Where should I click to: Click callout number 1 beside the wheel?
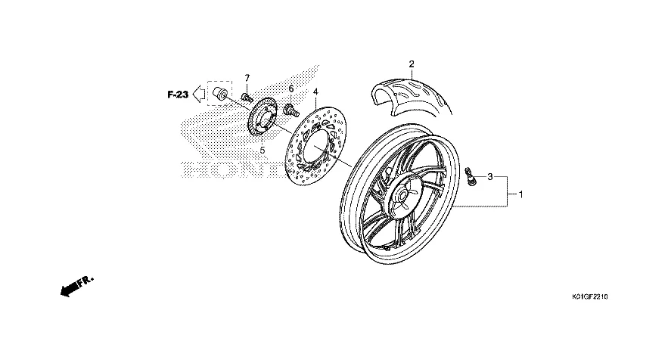520,194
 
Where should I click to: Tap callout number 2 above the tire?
412,64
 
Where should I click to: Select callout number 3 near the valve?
490,177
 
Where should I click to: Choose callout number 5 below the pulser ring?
263,151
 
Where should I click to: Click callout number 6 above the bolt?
290,89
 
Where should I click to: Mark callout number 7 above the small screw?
246,79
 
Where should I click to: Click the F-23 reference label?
178,95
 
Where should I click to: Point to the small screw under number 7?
247,97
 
